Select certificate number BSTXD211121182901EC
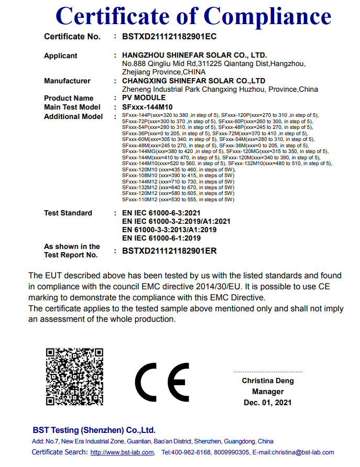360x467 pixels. point(169,37)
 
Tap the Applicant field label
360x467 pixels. point(60,56)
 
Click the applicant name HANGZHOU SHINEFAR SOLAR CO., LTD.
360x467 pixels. point(194,55)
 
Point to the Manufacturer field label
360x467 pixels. point(67,81)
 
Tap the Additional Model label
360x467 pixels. point(73,116)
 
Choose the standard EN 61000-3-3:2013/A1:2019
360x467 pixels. point(169,230)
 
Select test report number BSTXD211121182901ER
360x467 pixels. point(169,251)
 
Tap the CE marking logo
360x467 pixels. point(162,382)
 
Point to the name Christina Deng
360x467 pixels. point(268,381)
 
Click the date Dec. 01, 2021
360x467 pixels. point(268,403)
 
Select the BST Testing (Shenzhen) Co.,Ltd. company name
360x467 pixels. point(94,430)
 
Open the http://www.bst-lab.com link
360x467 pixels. point(122,452)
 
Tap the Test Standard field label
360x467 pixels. point(68,213)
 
